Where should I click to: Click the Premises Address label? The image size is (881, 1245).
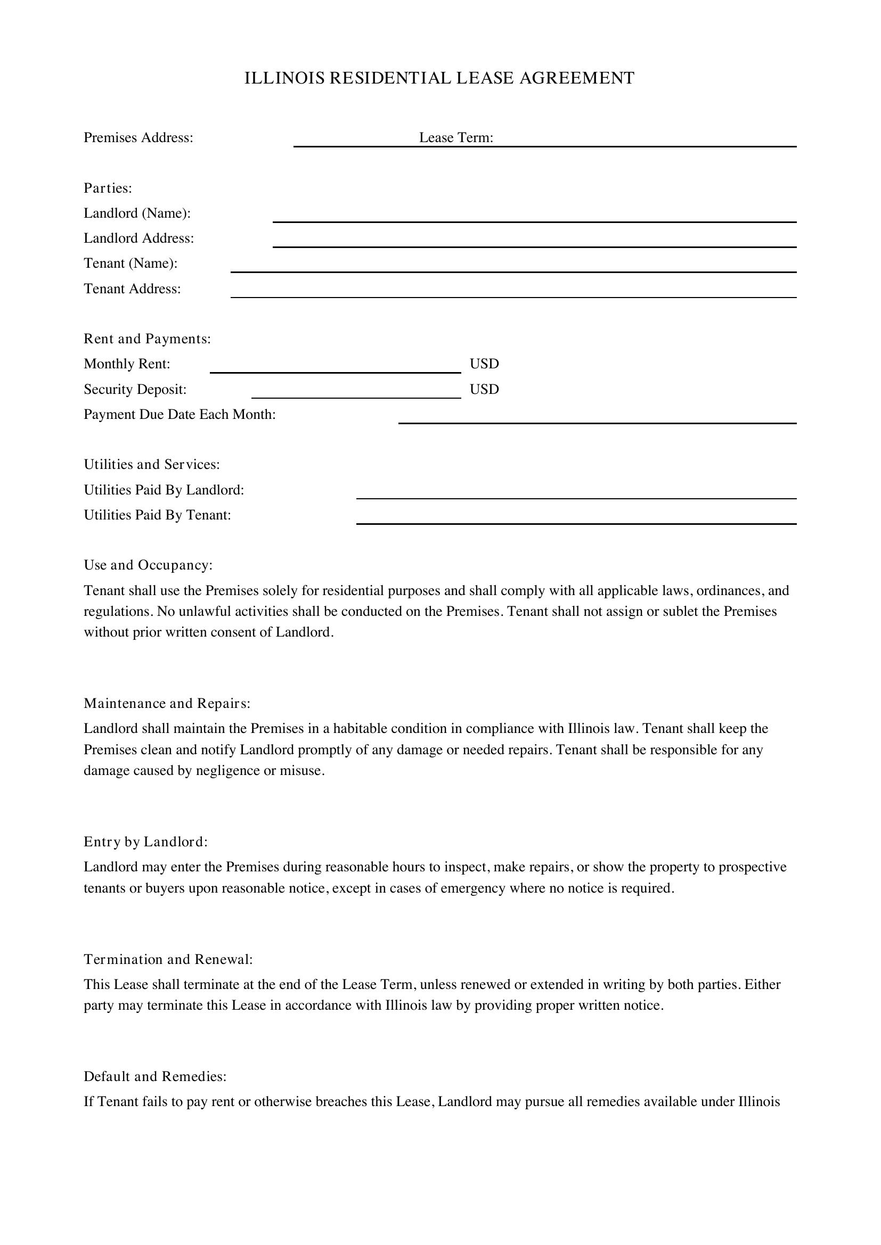coord(138,138)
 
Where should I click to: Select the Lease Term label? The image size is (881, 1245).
coord(456,138)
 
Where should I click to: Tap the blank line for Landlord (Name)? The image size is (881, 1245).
coord(534,219)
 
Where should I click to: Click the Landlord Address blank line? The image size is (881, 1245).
coord(534,243)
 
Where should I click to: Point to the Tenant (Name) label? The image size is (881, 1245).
coord(130,263)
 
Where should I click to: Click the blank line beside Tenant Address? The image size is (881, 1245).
coord(513,294)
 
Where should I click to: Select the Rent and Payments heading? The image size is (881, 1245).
coord(147,339)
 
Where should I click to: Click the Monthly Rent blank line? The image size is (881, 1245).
coord(335,369)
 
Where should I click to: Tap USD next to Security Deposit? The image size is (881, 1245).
coord(484,389)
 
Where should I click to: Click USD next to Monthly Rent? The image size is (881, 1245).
coord(484,364)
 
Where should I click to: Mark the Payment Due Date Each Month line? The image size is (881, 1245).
coord(597,419)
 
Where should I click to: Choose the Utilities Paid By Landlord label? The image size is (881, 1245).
coord(164,490)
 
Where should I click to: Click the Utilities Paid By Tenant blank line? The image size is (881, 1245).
coord(576,521)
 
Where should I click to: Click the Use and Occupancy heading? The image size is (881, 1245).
coord(148,565)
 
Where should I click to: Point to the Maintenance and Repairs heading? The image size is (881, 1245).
coord(167,703)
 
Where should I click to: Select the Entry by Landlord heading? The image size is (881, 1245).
coord(146,842)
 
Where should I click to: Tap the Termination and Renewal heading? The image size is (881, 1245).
coord(168,959)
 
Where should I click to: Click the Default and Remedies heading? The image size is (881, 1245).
coord(155,1076)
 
